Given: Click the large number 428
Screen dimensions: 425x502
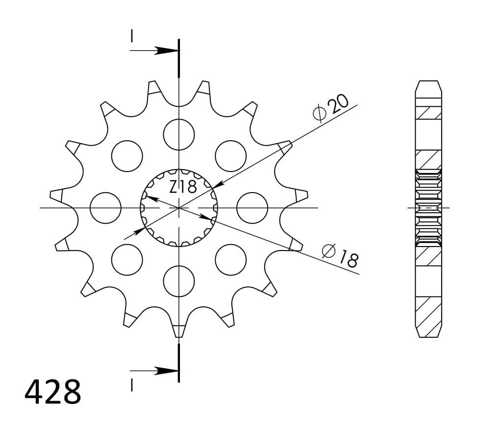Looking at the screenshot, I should click(53, 392).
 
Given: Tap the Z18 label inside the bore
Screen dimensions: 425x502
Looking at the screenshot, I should click(183, 187).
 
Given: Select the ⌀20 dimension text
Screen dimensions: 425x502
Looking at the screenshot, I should click(331, 107).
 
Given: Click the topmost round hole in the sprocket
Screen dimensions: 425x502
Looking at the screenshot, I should click(179, 134).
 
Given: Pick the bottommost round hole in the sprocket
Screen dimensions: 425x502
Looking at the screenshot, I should click(179, 281).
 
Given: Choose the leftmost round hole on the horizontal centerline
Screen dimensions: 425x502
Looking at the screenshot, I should click(105, 208).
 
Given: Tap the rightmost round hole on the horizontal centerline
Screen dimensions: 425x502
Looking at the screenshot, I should click(252, 208).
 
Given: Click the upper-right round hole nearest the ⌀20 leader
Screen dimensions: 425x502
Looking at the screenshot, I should click(230, 156).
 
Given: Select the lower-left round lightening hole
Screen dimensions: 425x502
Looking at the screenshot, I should click(127, 259).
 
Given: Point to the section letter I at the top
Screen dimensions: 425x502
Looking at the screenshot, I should click(131, 36).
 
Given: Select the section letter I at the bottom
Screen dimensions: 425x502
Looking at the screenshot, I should click(131, 386).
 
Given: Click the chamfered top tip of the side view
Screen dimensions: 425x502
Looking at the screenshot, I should click(428, 85).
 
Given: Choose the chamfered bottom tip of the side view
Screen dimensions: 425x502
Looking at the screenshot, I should click(428, 332).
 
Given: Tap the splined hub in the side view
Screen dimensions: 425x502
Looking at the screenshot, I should click(428, 207).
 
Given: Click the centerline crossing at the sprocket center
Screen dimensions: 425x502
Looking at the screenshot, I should click(179, 208).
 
